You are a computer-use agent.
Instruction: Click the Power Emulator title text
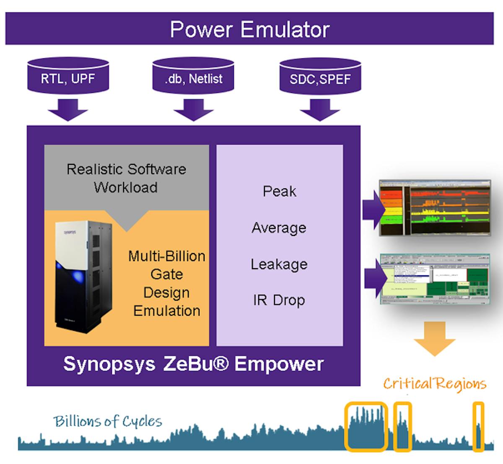click(249, 29)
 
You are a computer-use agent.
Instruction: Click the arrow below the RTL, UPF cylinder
click(68, 110)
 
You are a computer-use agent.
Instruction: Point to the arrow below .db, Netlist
click(193, 110)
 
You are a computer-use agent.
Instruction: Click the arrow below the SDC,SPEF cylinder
click(320, 110)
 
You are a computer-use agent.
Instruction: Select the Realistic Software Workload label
click(126, 178)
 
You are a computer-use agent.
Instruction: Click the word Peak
click(279, 191)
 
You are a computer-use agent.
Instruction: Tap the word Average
click(279, 228)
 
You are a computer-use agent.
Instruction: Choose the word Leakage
click(279, 264)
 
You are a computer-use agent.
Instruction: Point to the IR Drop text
click(279, 300)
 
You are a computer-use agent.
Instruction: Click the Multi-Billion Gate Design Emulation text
click(167, 283)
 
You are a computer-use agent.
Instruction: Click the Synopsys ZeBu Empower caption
click(193, 364)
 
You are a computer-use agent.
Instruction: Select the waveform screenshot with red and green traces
click(435, 208)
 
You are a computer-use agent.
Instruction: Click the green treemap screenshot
click(435, 278)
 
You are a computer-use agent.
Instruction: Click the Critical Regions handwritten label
click(435, 384)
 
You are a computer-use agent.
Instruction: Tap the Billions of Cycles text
click(108, 421)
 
